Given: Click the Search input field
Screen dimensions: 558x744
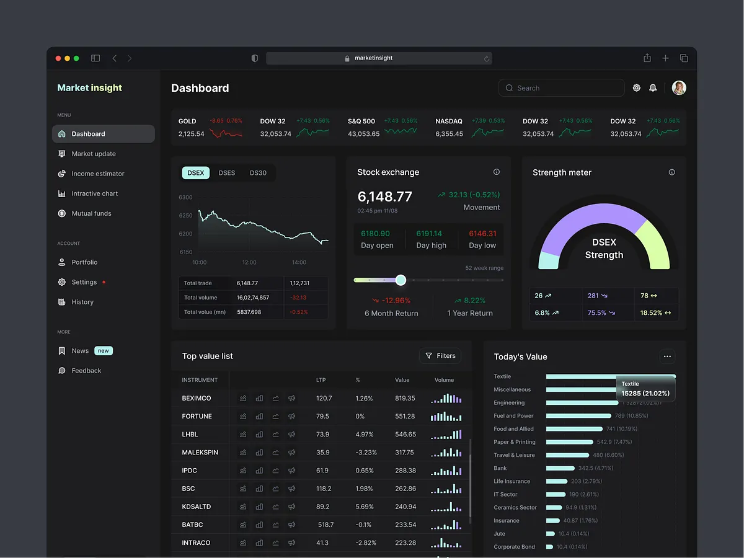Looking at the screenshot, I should pos(561,88).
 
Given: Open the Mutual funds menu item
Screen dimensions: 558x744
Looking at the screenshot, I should pos(91,213).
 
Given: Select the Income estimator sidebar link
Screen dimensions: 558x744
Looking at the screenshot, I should pos(97,174).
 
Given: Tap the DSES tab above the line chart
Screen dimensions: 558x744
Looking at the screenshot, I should pos(227,173).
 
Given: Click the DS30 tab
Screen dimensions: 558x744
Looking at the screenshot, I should pos(258,173).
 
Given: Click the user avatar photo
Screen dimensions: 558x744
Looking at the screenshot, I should pos(679,88).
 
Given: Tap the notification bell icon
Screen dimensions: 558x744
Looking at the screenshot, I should pos(653,88).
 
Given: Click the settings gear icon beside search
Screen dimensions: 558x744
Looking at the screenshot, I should pos(636,88).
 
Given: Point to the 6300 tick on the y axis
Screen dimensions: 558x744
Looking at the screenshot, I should pos(185,197).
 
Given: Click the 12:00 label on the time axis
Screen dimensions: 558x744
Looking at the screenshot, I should pos(249,262).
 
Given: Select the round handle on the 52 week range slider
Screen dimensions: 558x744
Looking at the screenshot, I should pos(401,280).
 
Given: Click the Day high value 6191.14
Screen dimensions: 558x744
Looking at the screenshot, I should pos(429,234).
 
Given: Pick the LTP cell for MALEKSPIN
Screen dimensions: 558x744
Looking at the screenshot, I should pos(323,453).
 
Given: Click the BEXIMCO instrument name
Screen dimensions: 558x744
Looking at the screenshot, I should pos(197,398).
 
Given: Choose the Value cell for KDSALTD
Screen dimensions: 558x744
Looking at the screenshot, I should pos(405,507).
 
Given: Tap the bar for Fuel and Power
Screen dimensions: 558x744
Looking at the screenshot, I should pos(578,416).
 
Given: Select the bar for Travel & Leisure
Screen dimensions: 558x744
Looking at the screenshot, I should pos(567,455).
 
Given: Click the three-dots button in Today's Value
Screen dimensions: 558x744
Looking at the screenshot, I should pos(667,356).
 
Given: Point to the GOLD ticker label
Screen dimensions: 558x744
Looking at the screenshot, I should pos(187,121).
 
